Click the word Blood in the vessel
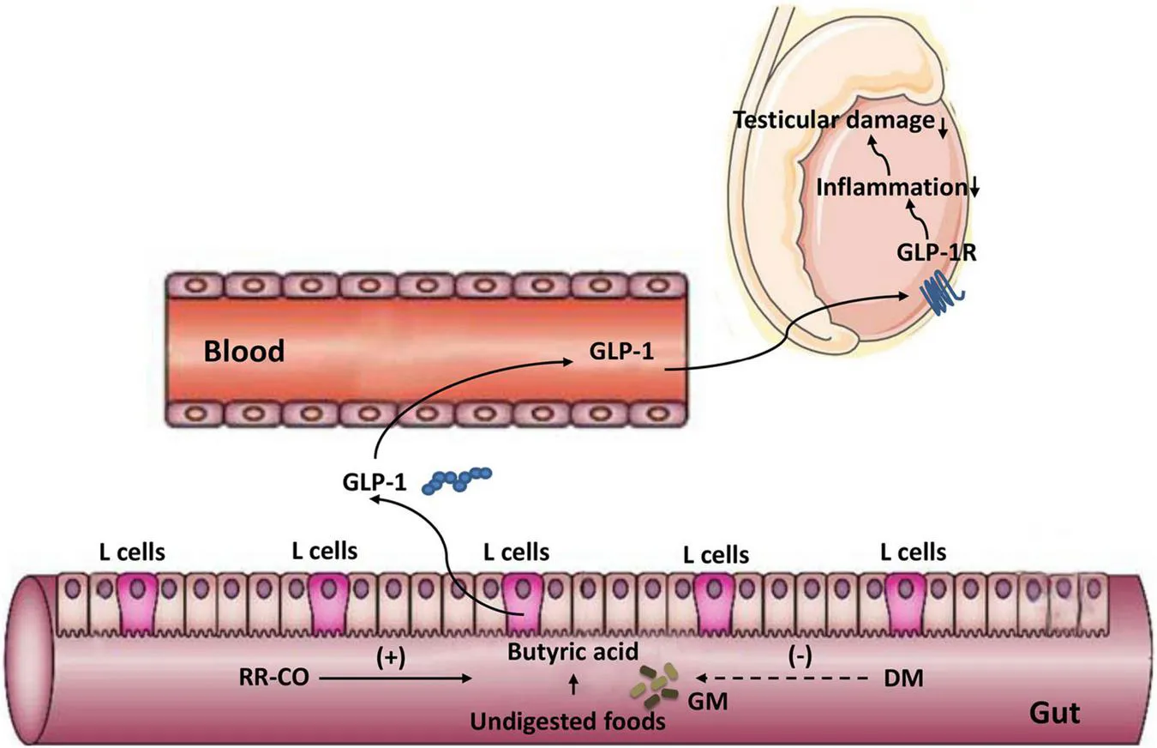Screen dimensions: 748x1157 coord(244,352)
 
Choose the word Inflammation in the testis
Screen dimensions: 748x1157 coord(890,187)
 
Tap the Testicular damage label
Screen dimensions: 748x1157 coord(831,121)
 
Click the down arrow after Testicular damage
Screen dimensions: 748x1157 coord(943,128)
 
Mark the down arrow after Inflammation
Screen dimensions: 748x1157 coord(974,190)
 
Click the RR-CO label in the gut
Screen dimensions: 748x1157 coord(274,679)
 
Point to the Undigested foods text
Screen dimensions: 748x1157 coord(567,721)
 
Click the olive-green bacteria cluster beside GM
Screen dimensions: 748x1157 coord(656,684)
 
